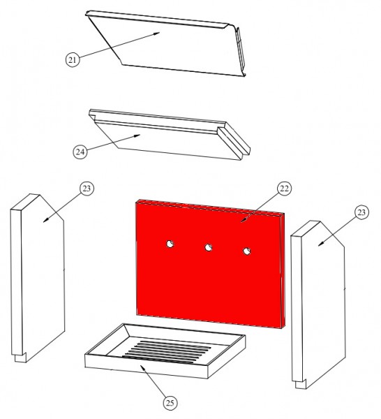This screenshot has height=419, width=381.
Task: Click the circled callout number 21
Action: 73,59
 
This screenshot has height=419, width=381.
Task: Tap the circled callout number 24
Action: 80,152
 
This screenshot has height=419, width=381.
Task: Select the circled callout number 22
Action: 284,189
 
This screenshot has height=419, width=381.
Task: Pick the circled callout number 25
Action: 170,403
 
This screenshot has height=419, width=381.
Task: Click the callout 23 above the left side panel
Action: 87,189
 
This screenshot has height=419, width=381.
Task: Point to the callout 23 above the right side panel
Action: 361,212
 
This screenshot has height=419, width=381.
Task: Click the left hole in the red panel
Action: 170,244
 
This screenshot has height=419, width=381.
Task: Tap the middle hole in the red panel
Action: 208,247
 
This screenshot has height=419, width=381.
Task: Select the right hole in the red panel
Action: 247,251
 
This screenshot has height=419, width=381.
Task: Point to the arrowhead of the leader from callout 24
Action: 137,136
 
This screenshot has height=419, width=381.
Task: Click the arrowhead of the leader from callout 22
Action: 243,220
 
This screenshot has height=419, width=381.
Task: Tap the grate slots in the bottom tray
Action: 167,352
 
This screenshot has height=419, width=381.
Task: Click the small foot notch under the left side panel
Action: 20,358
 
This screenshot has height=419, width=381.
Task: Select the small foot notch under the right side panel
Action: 301,384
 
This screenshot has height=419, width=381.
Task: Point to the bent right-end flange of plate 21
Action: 240,50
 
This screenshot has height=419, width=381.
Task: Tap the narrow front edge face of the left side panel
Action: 17,281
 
